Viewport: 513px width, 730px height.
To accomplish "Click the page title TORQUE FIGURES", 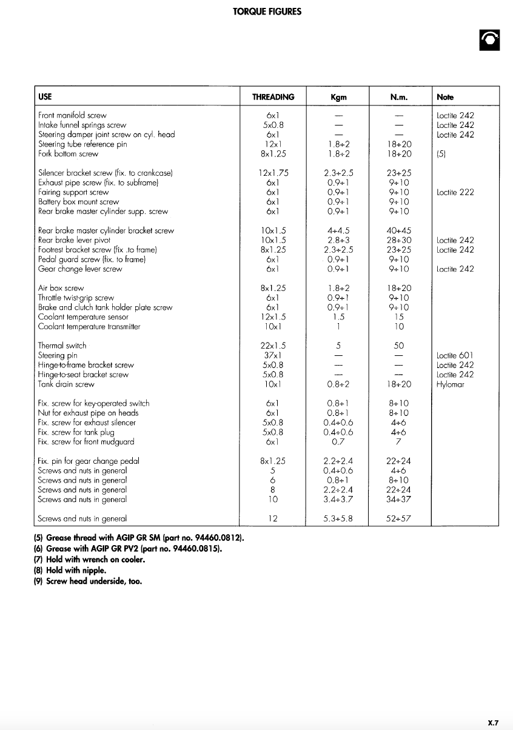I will pyautogui.click(x=267, y=12).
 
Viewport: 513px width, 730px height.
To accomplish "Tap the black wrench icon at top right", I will pyautogui.click(x=489, y=40).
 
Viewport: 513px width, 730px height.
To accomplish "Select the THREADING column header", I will pyautogui.click(x=273, y=97).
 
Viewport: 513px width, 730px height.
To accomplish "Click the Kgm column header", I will pyautogui.click(x=338, y=97).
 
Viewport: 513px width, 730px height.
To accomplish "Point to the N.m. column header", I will pyautogui.click(x=399, y=97).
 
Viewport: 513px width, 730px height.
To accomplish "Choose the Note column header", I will pyautogui.click(x=445, y=97).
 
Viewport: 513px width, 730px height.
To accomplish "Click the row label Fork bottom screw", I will pyautogui.click(x=68, y=154).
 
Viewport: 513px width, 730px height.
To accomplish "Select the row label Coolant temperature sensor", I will pyautogui.click(x=83, y=316).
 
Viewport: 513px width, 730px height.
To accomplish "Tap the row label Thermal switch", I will pyautogui.click(x=62, y=346).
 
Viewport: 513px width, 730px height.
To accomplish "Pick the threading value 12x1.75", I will pyautogui.click(x=272, y=173).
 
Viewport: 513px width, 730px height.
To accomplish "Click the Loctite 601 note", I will pyautogui.click(x=455, y=355).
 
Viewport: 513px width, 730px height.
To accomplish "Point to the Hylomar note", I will pyautogui.click(x=450, y=384).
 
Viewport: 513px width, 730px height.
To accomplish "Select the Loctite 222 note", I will pyautogui.click(x=455, y=192).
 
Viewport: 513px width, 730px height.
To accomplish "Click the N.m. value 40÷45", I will pyautogui.click(x=399, y=230).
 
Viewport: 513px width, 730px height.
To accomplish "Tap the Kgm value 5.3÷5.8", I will pyautogui.click(x=338, y=518).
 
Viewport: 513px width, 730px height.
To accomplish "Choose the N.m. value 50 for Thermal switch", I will pyautogui.click(x=399, y=346).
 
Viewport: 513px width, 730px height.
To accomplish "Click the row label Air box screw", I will pyautogui.click(x=61, y=288).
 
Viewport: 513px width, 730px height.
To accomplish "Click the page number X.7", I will pyautogui.click(x=493, y=723).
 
